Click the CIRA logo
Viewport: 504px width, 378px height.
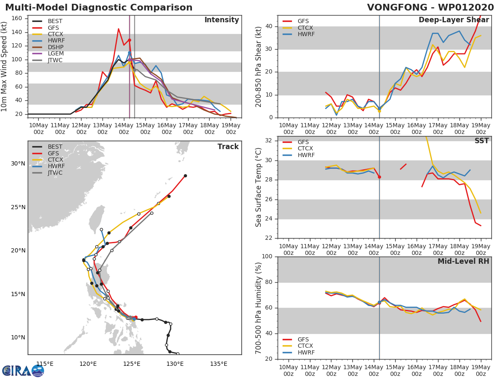23,370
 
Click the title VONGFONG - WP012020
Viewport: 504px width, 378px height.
430,7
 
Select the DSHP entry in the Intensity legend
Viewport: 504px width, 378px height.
48,47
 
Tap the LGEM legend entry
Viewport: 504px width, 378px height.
48,53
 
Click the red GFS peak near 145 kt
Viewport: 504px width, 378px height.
118,29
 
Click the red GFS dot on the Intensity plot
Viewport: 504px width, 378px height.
129,40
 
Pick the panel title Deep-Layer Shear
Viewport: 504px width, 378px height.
454,20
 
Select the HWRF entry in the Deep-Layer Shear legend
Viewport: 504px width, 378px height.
299,34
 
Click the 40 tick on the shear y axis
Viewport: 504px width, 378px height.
269,26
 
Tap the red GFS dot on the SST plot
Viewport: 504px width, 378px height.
380,177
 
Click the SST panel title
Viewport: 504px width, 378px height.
482,141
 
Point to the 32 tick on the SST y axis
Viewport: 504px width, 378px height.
269,140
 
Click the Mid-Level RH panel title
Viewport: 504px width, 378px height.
463,261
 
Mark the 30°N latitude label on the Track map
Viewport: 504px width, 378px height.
18,164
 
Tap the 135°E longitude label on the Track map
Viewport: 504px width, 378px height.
218,364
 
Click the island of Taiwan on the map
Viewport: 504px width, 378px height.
97,219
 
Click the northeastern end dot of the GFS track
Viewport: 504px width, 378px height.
186,176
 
